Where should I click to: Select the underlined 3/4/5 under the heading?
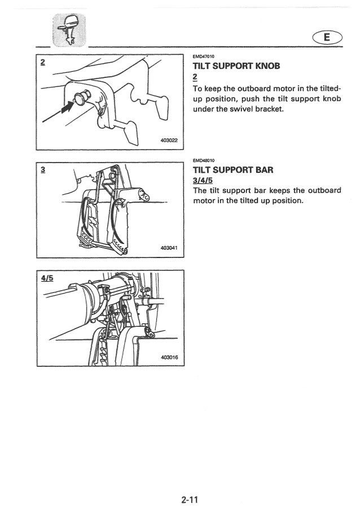pos(204,180)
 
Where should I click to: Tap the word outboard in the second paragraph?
pos(322,190)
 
